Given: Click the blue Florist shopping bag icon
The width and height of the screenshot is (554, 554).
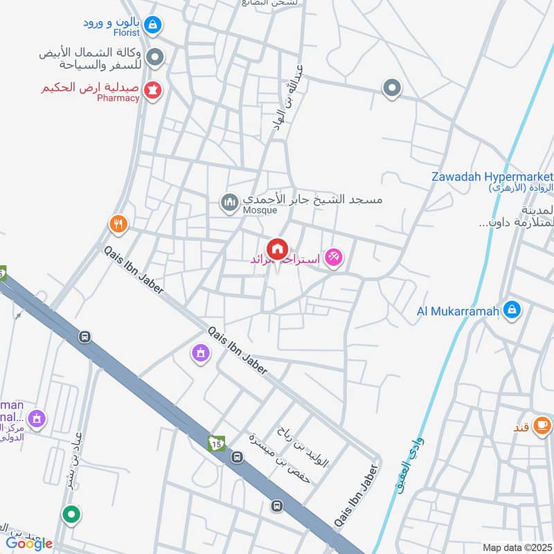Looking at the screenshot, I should pos(153,26).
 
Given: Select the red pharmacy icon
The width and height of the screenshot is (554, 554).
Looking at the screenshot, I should pos(153,90).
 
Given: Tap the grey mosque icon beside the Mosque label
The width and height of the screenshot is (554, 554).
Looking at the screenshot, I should pos(229,203).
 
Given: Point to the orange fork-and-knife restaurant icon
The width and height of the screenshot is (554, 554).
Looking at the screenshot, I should pos(118,224).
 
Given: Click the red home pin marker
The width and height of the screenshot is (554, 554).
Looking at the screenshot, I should pos(278,249).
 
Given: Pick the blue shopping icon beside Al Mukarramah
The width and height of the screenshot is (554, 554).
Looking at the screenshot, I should pos(512,310).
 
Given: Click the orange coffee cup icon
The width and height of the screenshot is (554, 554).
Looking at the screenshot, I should pos(543,425).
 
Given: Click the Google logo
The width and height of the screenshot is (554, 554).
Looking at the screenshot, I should pos(29,543).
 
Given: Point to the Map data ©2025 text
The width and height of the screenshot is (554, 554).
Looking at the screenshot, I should pos(517,547).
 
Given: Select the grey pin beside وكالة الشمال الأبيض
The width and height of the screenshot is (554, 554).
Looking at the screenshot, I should pos(157,57).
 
